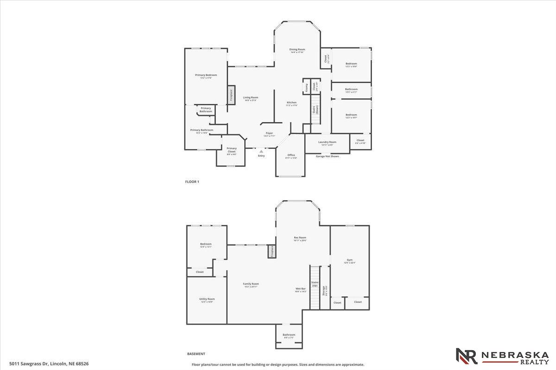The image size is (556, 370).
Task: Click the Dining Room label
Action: click(297, 49)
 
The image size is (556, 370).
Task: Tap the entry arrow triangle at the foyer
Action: click(261, 151)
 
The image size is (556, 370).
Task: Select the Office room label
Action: click(291, 155)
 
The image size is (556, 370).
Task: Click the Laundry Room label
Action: click(327, 142)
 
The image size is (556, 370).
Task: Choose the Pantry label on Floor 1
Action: click(306, 86)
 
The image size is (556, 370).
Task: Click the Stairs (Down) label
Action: click(315, 110)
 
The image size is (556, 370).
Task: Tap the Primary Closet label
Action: click(232, 150)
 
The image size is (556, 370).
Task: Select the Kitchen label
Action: click(291, 103)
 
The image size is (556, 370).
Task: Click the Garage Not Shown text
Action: click(327, 156)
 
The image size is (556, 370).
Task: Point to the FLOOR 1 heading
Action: click(192, 182)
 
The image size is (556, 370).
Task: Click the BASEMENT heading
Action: click(196, 354)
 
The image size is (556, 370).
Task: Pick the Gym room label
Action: click(350, 260)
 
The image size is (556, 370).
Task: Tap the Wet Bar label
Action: click(301, 289)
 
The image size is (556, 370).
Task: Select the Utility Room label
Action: click(207, 299)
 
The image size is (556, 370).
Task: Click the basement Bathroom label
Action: click(289, 335)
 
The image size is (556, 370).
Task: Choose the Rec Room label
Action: click(300, 238)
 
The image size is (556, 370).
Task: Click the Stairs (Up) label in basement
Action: click(315, 284)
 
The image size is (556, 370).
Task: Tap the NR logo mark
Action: click(467, 356)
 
